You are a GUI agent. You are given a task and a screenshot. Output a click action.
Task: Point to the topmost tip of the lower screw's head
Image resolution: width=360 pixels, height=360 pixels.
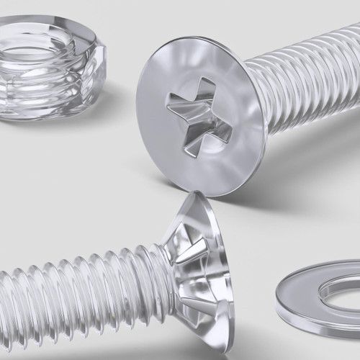(x=190, y=193)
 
